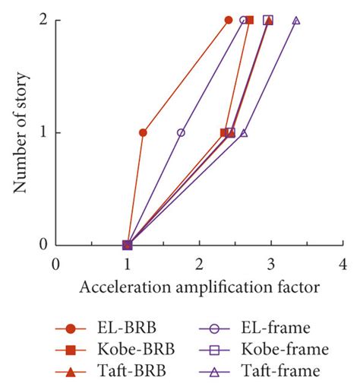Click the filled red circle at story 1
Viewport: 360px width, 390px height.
click(143, 132)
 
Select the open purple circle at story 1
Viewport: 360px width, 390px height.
click(181, 132)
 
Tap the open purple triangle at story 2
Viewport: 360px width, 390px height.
click(296, 21)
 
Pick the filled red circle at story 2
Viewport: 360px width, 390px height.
click(229, 21)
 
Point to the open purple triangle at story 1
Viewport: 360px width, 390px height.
click(244, 132)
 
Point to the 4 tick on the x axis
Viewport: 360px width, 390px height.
click(343, 264)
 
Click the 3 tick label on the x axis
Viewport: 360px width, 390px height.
click(271, 264)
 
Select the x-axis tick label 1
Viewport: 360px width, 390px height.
click(128, 264)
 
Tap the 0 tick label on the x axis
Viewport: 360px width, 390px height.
click(55, 264)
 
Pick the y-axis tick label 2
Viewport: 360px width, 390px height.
click(43, 21)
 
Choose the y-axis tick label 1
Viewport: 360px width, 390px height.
click(43, 132)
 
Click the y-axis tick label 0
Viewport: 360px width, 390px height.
click(43, 245)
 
